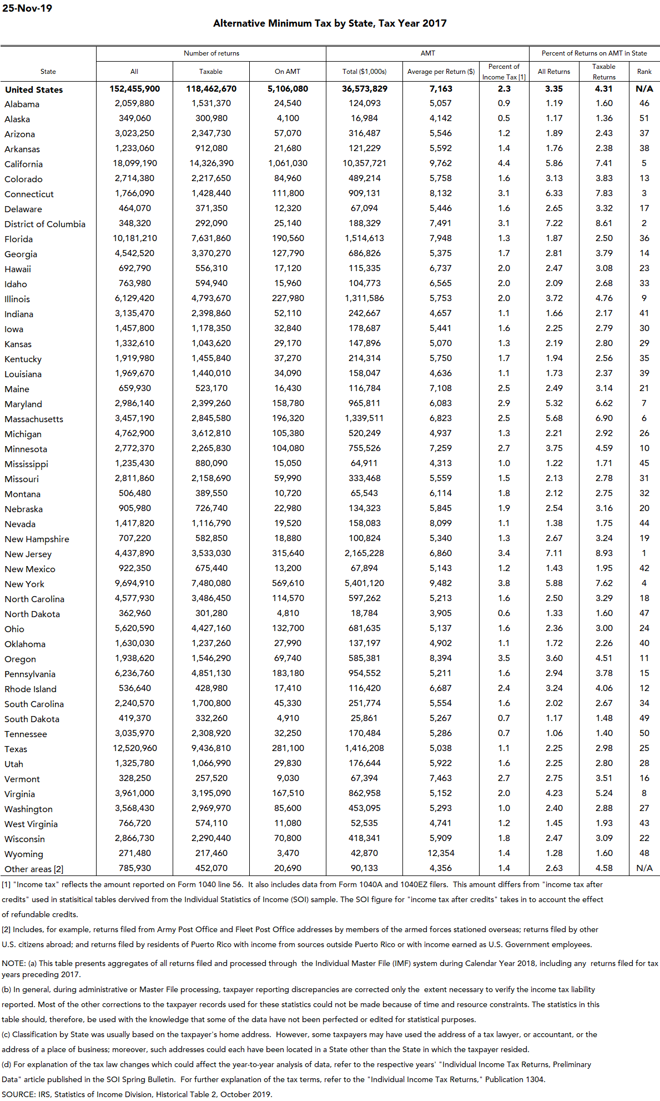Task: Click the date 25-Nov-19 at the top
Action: coord(27,8)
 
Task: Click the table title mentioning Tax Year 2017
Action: coord(330,23)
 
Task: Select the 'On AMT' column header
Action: coord(288,72)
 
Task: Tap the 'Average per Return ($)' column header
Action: coord(441,72)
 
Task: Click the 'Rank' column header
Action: coord(644,72)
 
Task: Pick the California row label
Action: coord(23,164)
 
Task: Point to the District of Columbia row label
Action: coord(45,224)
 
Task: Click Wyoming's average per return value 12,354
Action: coord(441,853)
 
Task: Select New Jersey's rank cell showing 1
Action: coord(644,553)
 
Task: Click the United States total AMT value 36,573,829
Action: coord(365,89)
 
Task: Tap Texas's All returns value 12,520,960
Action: coord(134,748)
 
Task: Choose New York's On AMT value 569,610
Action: coord(288,583)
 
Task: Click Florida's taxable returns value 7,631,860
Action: coord(211,238)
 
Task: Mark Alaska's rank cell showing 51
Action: coord(644,118)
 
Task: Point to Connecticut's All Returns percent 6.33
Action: coord(554,193)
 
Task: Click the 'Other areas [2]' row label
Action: coord(34,869)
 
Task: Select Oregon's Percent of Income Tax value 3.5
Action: coord(503,658)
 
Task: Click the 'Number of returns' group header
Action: coord(211,53)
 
